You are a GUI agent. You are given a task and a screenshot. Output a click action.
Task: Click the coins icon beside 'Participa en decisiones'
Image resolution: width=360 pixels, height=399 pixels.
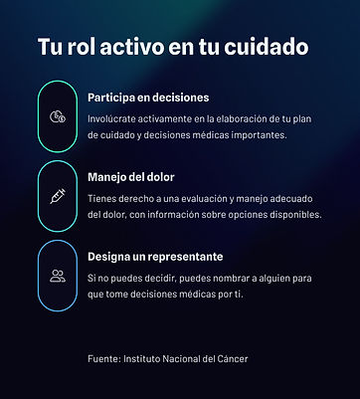tap(58, 116)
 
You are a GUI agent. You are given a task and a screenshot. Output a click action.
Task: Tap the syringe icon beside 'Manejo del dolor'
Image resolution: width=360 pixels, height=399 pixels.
tap(58, 196)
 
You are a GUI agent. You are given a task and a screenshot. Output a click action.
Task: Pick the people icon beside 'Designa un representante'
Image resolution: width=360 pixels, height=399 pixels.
tap(58, 275)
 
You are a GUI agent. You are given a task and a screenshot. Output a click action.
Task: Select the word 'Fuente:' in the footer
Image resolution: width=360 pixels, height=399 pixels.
tap(103, 356)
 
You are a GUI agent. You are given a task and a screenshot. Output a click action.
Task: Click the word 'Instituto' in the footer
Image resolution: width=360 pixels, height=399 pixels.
tap(145, 356)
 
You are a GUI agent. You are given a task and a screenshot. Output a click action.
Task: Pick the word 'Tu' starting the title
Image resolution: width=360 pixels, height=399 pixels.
tap(48, 48)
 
